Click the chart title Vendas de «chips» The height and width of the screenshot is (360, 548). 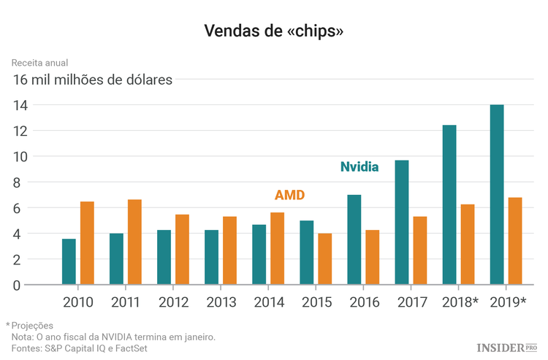[x=273, y=31]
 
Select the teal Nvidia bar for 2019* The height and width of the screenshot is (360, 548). [x=496, y=194]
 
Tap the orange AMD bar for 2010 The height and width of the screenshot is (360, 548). [x=87, y=242]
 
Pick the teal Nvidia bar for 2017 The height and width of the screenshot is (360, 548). [x=401, y=222]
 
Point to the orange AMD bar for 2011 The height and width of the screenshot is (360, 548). [x=134, y=242]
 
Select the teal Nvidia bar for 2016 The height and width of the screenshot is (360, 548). [x=354, y=240]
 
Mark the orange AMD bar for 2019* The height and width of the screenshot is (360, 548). [x=514, y=240]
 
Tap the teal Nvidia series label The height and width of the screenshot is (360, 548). [x=359, y=166]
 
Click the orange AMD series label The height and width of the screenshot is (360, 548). [x=289, y=195]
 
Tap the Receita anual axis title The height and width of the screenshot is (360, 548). [x=39, y=64]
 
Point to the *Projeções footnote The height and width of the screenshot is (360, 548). [x=30, y=325]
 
